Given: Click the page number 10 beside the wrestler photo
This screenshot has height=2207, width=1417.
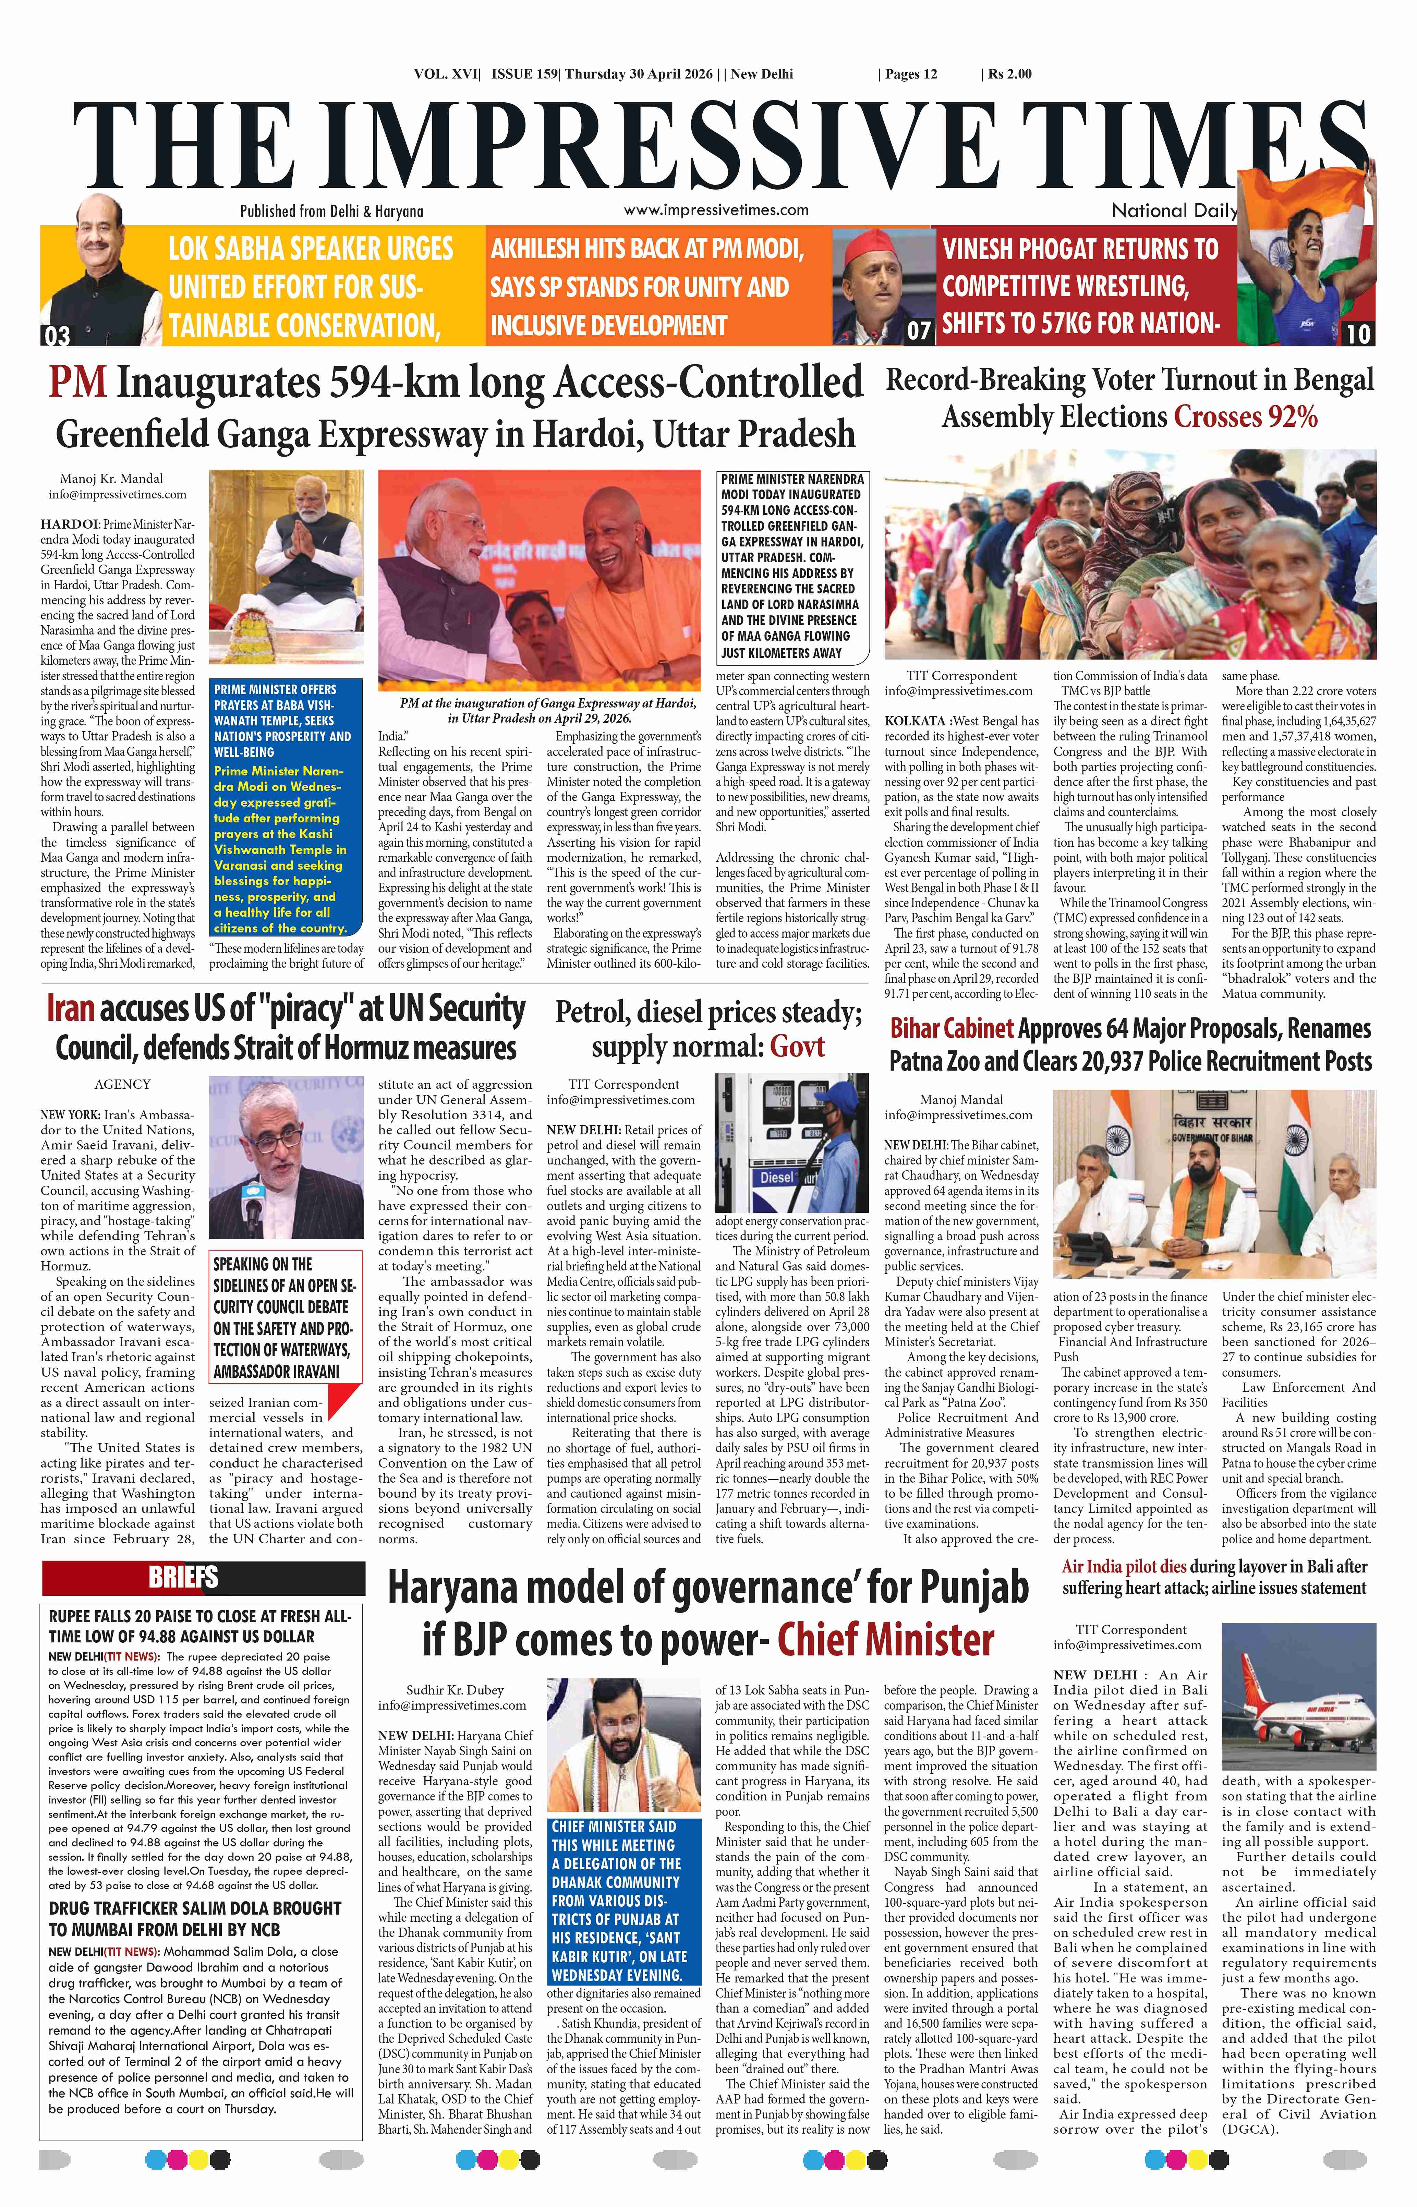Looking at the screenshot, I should tap(1358, 334).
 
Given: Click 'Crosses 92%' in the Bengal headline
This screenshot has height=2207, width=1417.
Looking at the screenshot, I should tap(1245, 418).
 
